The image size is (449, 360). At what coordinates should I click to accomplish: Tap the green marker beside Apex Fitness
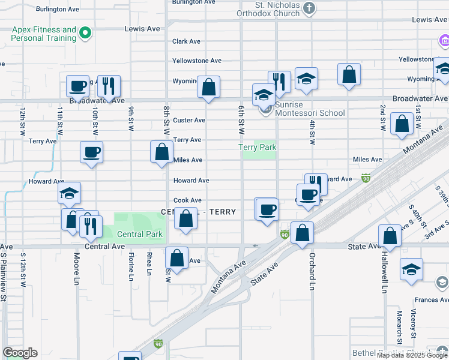coord(85,34)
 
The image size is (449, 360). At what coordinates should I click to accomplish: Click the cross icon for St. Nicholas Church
coord(309,8)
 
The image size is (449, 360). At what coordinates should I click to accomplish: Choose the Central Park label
coord(139,234)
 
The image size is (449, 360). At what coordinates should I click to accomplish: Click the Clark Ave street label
coord(186,41)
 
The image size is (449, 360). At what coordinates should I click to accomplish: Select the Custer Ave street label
coord(190,120)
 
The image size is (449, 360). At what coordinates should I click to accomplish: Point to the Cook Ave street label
coord(187,200)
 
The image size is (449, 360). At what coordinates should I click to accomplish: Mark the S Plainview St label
coord(4,276)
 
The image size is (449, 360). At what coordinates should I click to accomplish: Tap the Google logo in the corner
coord(20,353)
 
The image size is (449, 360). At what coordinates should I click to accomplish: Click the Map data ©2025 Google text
coord(412,355)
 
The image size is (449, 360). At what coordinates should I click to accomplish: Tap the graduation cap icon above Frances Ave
coord(411,271)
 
